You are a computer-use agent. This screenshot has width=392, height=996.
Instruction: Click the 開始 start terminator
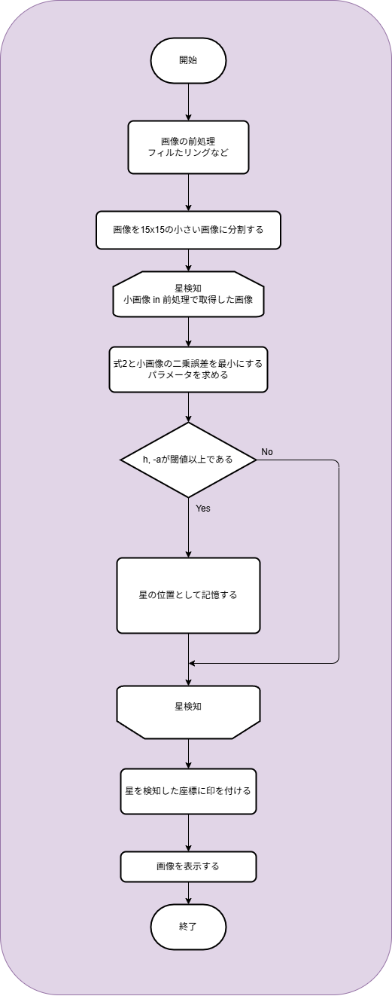(188, 60)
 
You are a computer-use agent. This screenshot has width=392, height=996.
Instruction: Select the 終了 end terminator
(188, 927)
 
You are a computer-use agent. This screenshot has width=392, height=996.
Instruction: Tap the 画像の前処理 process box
(188, 147)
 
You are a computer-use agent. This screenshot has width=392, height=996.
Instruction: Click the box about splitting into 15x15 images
(188, 230)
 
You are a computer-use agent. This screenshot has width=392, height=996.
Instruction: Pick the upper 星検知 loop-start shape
(188, 294)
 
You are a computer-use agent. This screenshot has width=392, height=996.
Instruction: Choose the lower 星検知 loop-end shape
(188, 712)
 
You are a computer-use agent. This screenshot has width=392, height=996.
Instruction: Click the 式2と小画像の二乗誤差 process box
(188, 369)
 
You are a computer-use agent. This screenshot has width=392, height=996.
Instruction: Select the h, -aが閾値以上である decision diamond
(188, 460)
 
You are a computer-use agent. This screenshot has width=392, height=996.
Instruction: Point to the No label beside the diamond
(267, 452)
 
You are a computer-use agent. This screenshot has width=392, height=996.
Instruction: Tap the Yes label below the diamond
(203, 509)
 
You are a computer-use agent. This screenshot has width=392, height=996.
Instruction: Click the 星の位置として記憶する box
(188, 595)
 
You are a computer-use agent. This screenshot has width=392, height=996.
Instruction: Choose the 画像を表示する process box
(188, 866)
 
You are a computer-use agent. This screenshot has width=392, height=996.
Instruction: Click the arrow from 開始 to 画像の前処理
(188, 102)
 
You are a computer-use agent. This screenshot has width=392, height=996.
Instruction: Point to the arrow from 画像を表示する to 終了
(188, 893)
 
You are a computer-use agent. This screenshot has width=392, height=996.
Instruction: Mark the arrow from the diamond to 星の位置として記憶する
(188, 527)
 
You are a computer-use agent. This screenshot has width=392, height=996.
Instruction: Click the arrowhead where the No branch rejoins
(192, 664)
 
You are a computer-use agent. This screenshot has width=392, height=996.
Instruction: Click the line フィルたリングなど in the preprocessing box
(188, 153)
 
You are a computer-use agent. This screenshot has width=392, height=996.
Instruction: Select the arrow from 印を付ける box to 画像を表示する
(188, 833)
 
